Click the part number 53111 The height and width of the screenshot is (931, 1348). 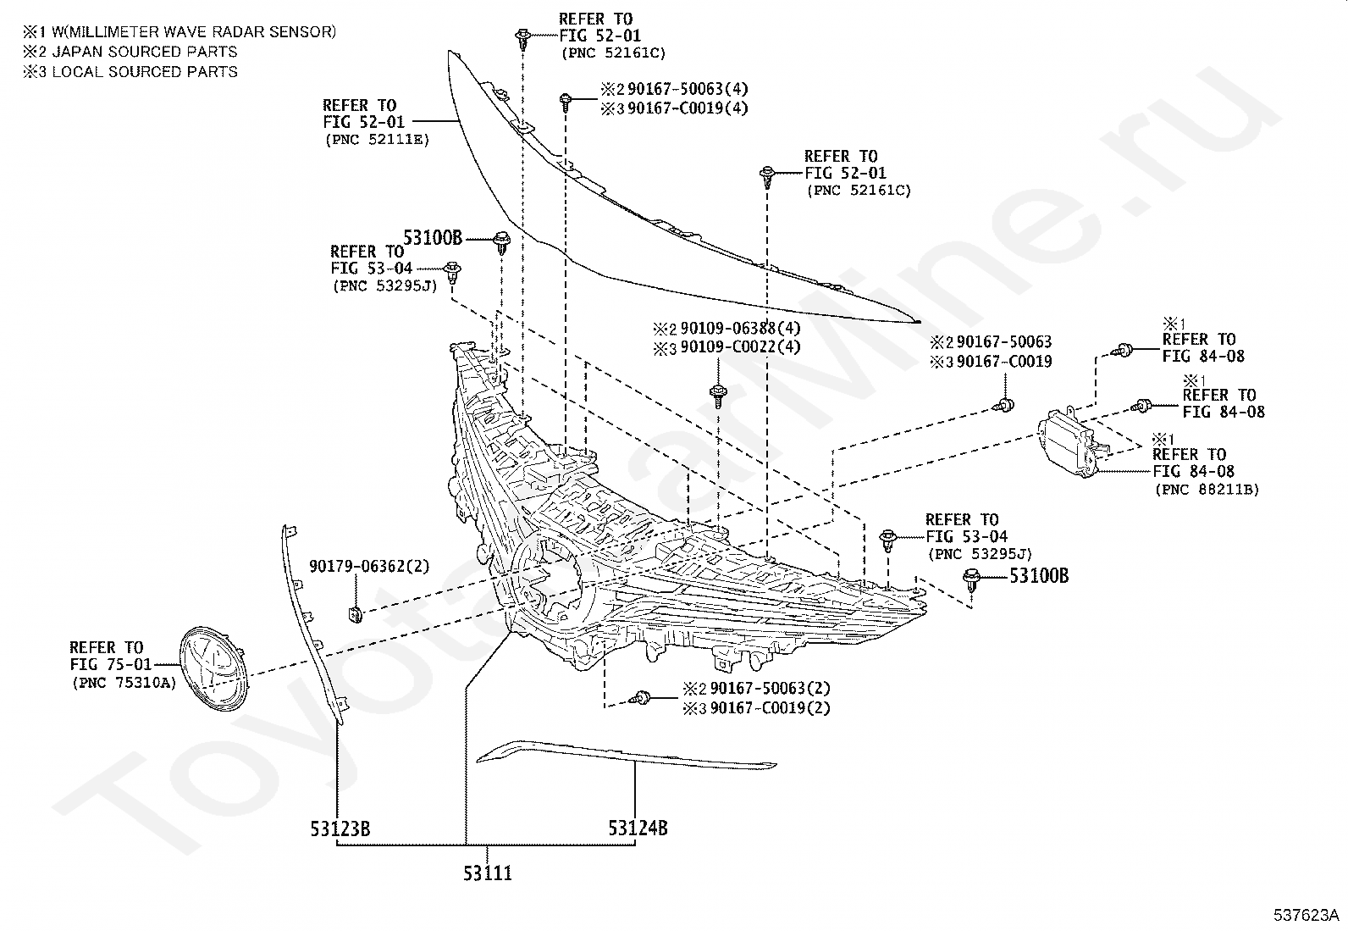tap(488, 873)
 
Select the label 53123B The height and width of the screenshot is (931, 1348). tap(340, 829)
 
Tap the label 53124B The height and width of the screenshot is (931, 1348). tap(638, 828)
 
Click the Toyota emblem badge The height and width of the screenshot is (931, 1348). tap(213, 668)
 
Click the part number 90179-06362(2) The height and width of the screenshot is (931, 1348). tap(369, 567)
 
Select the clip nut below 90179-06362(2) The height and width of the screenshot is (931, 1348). tap(356, 614)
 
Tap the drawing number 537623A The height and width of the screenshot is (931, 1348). tap(1306, 916)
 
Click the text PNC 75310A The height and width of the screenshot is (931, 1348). tap(124, 683)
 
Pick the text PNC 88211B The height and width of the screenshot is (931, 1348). tap(1207, 490)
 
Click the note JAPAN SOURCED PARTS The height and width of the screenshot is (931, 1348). tap(145, 52)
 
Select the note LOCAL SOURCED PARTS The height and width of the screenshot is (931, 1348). tap(145, 72)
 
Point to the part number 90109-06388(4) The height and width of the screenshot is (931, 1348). tap(740, 328)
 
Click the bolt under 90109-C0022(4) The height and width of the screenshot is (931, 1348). tap(718, 395)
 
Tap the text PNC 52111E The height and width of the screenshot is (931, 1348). tap(378, 140)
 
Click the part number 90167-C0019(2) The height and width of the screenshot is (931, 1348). tap(770, 707)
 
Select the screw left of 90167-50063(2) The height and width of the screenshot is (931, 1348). tap(639, 698)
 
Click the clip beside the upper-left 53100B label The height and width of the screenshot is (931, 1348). tap(502, 242)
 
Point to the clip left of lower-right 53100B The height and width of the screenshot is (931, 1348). tap(971, 580)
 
